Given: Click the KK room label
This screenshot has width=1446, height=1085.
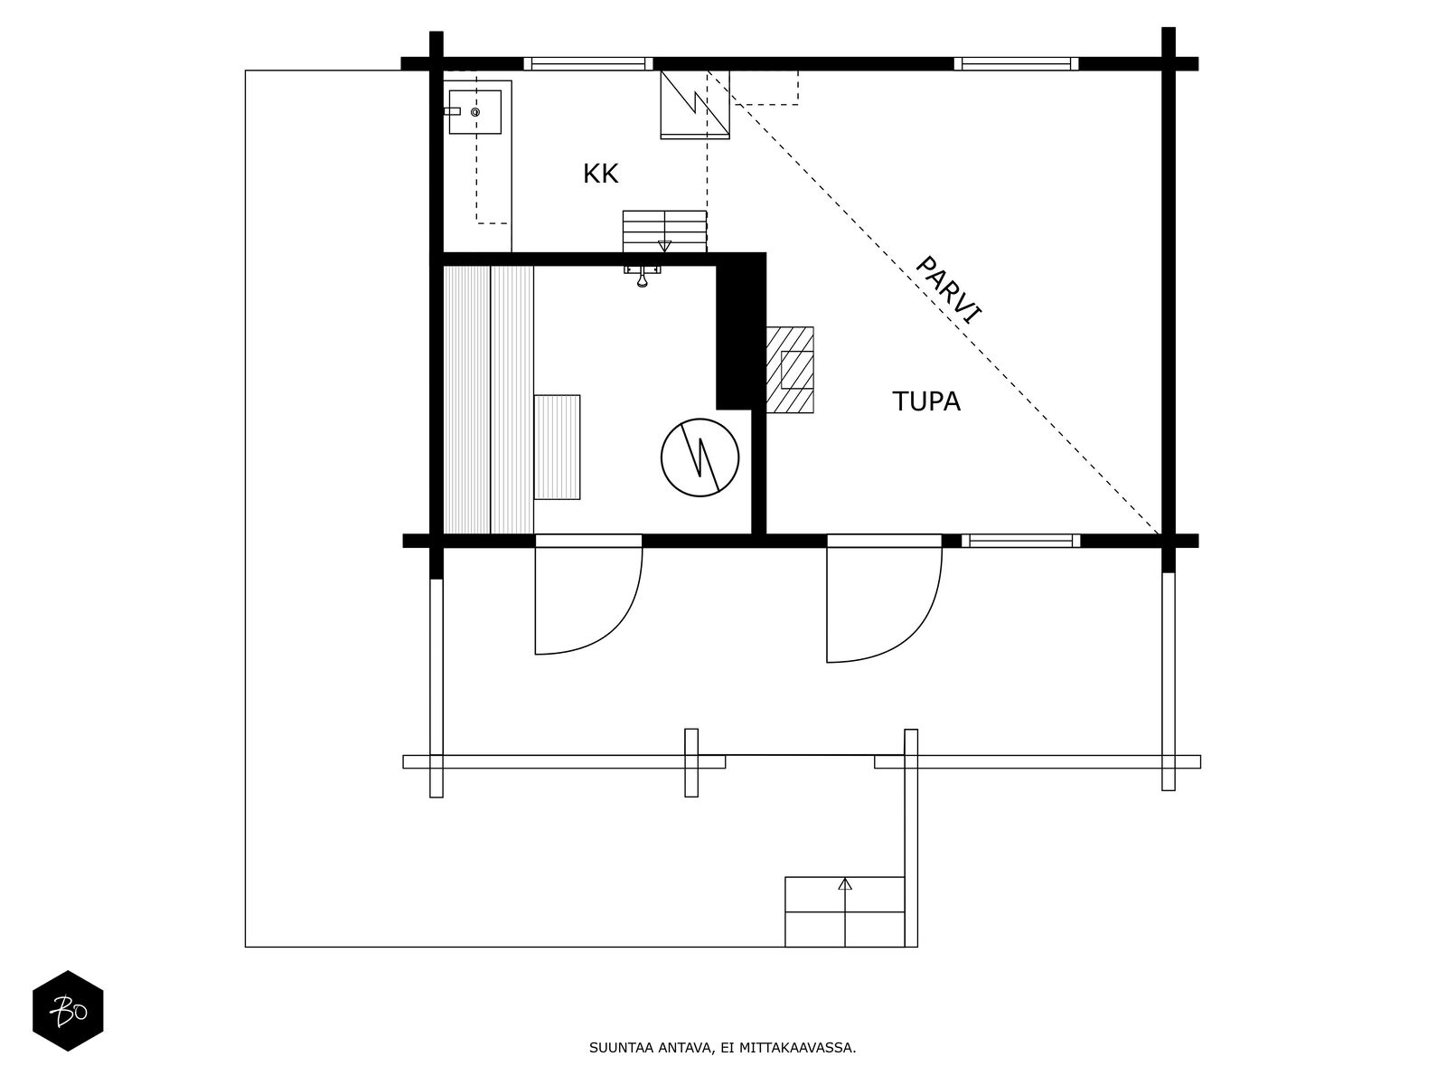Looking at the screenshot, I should pyautogui.click(x=600, y=174).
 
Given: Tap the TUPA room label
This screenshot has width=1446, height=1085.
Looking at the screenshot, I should pyautogui.click(x=926, y=401).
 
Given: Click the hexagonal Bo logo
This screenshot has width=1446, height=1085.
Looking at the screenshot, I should pyautogui.click(x=68, y=1011).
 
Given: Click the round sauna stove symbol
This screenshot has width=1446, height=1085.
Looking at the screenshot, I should pyautogui.click(x=700, y=458).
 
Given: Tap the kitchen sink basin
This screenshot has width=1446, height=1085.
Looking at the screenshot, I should pyautogui.click(x=475, y=112).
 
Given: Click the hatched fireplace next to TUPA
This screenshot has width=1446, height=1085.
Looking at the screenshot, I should pyautogui.click(x=791, y=370).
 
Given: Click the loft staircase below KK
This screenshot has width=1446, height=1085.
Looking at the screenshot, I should pyautogui.click(x=664, y=231).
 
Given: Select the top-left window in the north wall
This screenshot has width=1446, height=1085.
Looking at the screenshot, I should pyautogui.click(x=587, y=63).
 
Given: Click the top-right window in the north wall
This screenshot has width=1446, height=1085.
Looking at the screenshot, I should pyautogui.click(x=1017, y=63).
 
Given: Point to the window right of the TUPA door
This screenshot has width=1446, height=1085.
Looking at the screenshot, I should pyautogui.click(x=1020, y=541).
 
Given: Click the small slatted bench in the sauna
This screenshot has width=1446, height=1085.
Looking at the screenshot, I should pyautogui.click(x=557, y=447).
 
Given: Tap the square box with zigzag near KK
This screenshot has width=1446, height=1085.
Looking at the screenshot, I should pyautogui.click(x=694, y=104).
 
